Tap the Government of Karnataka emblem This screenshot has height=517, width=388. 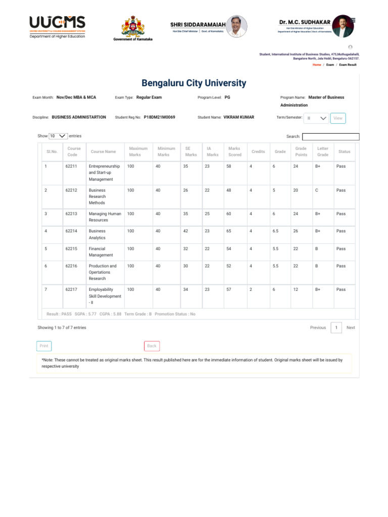coord(133,28)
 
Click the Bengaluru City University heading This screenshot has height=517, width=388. coord(193,83)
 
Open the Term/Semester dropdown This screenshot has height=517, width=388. coord(316,118)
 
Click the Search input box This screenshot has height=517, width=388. coord(330,136)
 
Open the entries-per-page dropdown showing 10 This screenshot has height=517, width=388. coord(58,136)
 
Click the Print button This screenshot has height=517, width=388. coord(44,346)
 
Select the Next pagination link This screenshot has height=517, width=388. coord(351,328)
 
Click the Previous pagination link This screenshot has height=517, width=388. coord(318,328)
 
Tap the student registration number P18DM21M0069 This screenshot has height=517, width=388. coord(159,117)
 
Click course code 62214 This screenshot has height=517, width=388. coord(72,231)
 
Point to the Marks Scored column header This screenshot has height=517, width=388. coord(234,151)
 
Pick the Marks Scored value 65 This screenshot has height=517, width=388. coord(229,231)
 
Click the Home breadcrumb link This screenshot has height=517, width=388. coord(316,65)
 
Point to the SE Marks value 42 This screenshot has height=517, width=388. coord(186,231)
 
